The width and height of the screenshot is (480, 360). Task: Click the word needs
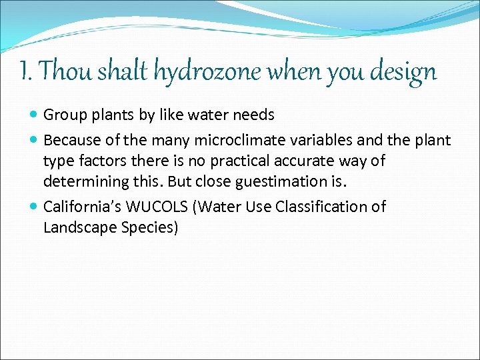coord(253,115)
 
